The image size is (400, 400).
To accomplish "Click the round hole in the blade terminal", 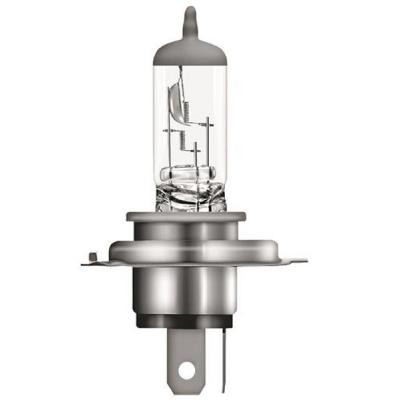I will click(182, 371).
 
